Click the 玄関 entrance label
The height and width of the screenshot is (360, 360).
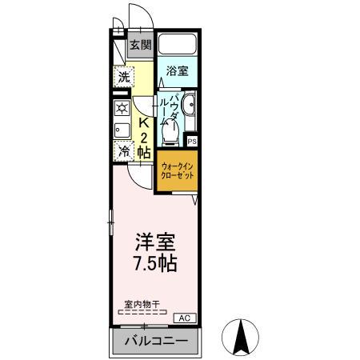click(x=140, y=46)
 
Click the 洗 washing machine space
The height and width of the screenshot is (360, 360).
click(x=123, y=78)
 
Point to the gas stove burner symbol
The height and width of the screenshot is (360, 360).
click(x=122, y=108)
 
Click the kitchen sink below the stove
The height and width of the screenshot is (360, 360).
click(x=121, y=130)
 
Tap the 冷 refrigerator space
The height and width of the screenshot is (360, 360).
click(x=123, y=150)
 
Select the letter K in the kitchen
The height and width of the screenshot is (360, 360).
click(x=144, y=124)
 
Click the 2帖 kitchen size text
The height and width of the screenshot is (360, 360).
click(x=144, y=145)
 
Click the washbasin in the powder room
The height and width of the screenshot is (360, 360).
click(x=190, y=105)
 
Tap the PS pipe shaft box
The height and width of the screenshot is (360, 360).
click(x=192, y=142)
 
